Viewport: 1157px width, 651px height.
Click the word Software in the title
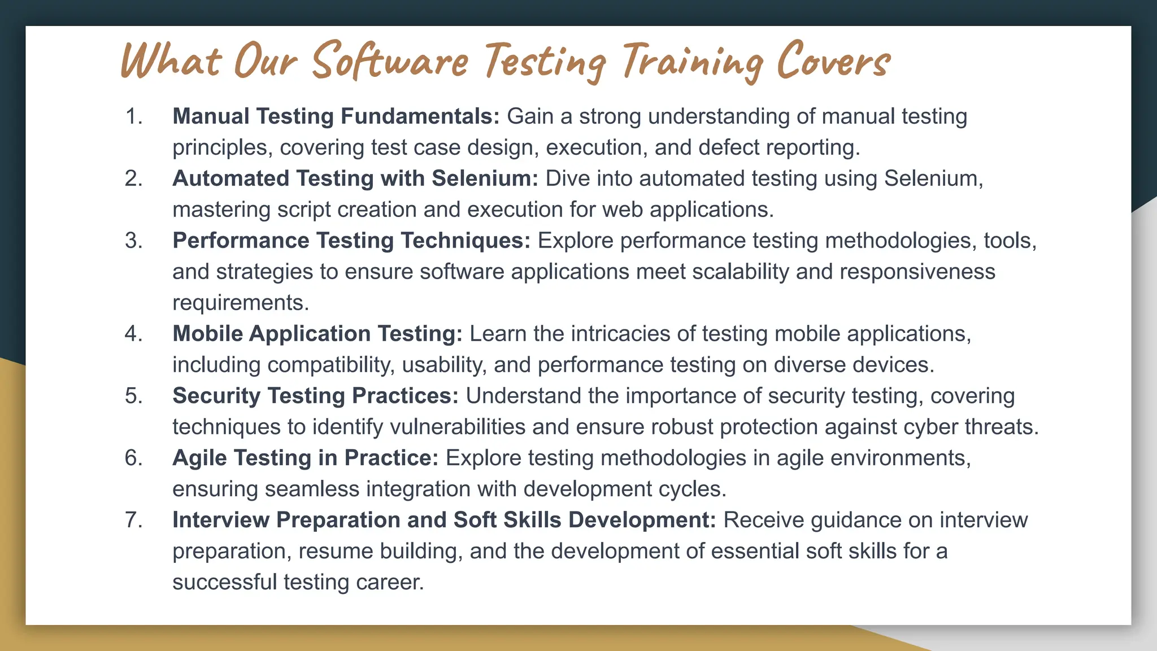tap(390, 61)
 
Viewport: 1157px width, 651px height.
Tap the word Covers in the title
tap(833, 61)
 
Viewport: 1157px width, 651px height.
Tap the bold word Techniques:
tap(466, 241)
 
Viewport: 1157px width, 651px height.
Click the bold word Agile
tap(199, 458)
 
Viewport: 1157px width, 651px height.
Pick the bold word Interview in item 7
tap(221, 520)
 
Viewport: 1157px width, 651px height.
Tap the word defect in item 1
tap(729, 147)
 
